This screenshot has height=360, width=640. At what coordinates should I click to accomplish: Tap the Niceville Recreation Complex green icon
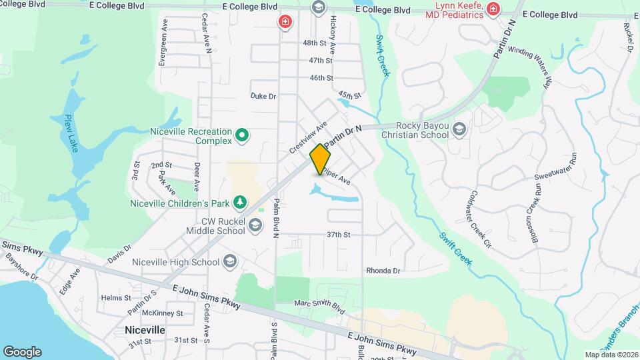[243, 136]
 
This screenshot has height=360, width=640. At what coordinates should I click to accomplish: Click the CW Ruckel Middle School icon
[255, 227]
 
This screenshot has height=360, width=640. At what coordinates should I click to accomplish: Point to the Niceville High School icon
[230, 261]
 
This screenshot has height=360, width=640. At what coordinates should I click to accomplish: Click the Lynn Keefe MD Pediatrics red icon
[493, 9]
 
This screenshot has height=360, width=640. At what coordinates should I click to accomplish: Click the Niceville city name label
[145, 330]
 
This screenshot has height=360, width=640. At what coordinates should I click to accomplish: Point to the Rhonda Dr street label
[383, 271]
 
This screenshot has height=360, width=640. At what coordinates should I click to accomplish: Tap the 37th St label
[338, 235]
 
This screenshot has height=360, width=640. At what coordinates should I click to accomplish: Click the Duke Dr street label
[263, 96]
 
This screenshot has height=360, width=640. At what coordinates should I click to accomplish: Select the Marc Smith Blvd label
[319, 306]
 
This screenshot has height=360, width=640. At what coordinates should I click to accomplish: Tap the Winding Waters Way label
[531, 64]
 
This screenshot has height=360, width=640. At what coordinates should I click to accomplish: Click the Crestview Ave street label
[309, 137]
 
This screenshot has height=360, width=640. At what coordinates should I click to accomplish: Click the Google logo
[22, 351]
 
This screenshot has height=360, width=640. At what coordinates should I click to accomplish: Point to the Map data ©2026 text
[611, 355]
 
